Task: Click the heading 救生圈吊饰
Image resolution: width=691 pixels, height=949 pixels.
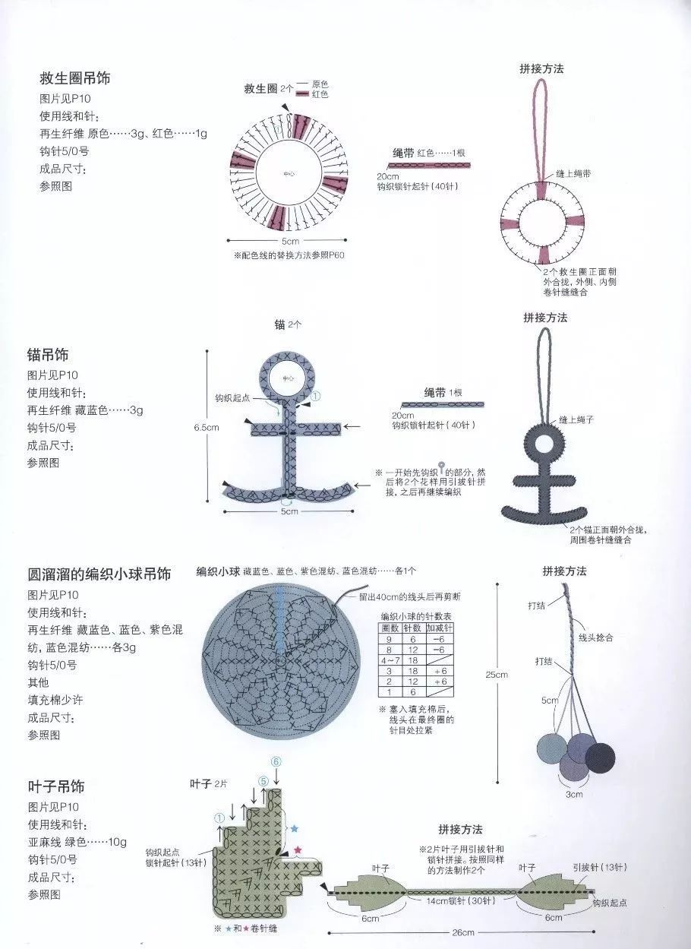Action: (80, 78)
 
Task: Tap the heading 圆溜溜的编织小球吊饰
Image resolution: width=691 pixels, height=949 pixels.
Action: (99, 574)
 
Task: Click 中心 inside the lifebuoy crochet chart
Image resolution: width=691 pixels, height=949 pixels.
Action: (289, 174)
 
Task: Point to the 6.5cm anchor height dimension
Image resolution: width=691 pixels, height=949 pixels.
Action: (207, 427)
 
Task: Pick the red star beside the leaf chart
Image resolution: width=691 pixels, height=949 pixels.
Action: (298, 849)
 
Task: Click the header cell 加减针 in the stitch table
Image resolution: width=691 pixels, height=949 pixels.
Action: (439, 628)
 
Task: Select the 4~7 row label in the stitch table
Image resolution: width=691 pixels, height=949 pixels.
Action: (390, 661)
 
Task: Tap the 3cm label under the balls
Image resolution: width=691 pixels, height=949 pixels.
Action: (574, 794)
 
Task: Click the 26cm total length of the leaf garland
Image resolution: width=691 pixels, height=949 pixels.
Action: (463, 932)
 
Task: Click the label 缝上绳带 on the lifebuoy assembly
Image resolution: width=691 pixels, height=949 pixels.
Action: (574, 174)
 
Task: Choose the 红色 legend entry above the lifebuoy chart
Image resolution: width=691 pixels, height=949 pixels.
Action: (320, 94)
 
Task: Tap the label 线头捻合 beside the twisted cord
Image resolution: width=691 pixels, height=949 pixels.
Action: (596, 637)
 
